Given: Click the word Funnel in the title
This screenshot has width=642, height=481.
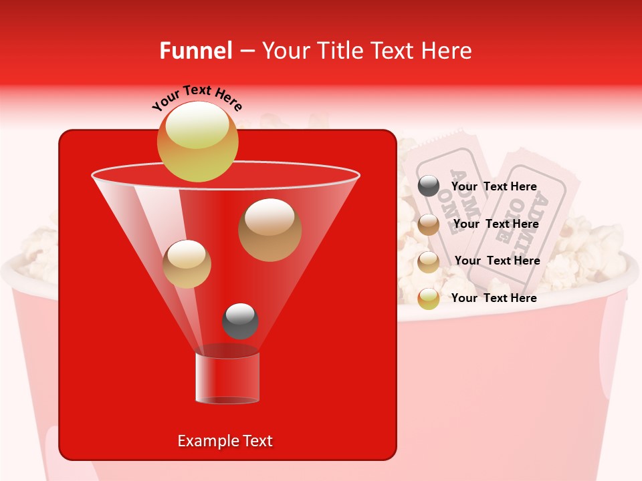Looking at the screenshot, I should coord(195,51).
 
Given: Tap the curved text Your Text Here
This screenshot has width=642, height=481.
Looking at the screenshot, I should coord(197,98).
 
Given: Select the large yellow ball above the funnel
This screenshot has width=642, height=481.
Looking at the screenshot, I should coord(197,142).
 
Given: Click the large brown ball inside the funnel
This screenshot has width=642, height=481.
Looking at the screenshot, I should coord(270,230).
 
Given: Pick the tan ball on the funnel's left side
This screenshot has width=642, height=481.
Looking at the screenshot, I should coord(187,264).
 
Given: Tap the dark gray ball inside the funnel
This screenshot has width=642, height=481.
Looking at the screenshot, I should coord(240,321).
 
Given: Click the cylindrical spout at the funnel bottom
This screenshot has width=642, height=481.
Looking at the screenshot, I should coord(227,378).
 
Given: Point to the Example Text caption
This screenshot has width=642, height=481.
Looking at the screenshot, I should coord(225,441).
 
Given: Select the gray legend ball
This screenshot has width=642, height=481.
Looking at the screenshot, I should coord(429,186).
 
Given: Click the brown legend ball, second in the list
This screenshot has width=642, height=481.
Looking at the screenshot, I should coord(429,224).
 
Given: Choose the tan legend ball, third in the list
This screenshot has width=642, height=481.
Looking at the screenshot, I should coord(429,262).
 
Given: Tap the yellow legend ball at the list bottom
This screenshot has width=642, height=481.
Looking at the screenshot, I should coord(429,299).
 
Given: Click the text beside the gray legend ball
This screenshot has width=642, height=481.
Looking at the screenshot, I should coord(494,187).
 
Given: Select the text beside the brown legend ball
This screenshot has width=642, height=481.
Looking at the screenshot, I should coord(496,224).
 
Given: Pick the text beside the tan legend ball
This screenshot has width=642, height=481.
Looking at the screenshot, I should coord(497,261).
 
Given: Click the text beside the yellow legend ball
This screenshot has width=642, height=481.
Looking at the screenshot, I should coord(494,298).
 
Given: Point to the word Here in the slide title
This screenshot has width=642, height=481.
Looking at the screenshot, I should coord(445,51).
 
